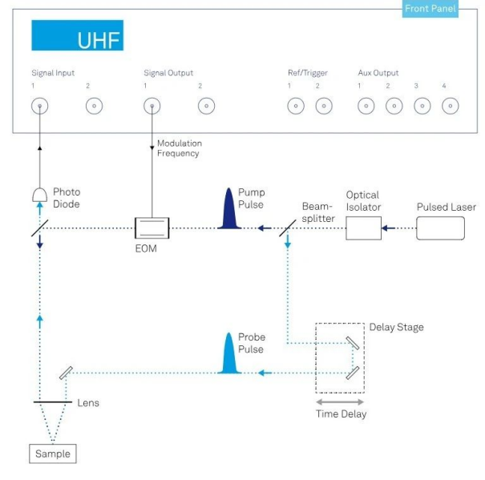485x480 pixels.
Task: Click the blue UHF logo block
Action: pos(77,36)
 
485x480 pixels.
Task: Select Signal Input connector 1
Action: pos(38,106)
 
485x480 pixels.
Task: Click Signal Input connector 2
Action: pos(94,106)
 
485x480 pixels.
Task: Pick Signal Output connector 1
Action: pos(151,106)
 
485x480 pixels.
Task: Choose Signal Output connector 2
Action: pos(206,106)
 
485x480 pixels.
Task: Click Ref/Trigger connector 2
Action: pos(323,106)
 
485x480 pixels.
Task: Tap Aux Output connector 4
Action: pos(450,106)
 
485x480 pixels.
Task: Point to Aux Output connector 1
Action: pos(366,106)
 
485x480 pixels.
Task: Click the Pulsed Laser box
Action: pos(441,228)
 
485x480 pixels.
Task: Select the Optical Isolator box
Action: pos(362,228)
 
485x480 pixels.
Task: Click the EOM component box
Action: pos(151,228)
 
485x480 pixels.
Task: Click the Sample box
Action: pos(53,454)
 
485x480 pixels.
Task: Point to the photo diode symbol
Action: pos(38,195)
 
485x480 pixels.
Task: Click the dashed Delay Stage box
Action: pos(339,357)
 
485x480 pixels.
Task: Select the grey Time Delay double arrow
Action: pos(339,401)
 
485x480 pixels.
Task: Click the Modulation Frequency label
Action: pos(179,148)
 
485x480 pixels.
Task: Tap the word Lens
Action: pos(88,402)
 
